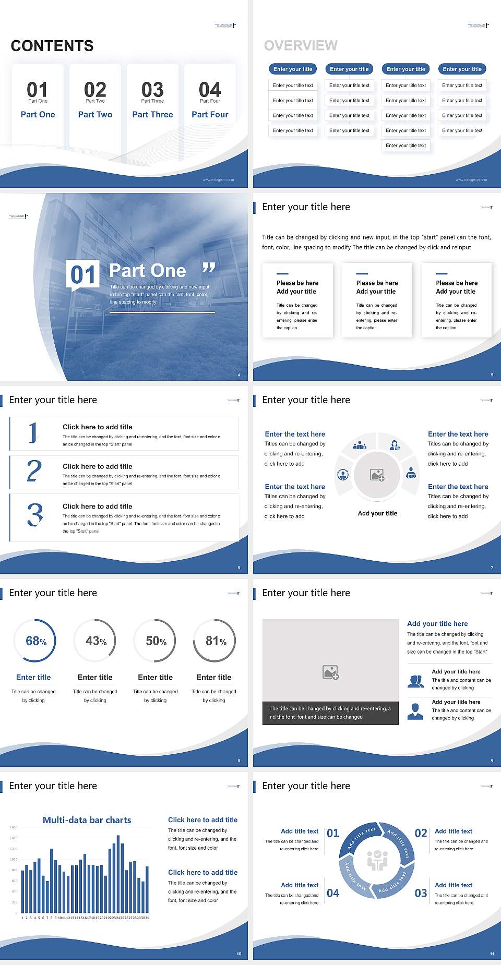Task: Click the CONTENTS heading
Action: (x=52, y=46)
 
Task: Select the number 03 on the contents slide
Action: (x=152, y=90)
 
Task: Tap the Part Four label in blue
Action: (x=210, y=115)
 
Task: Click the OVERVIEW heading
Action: (x=301, y=46)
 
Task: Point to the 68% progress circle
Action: (x=35, y=641)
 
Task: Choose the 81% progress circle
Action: (x=215, y=641)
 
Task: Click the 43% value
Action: (x=96, y=641)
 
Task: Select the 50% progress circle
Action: (x=156, y=641)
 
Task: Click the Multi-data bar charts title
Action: (x=87, y=820)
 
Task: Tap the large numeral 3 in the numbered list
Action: (x=35, y=515)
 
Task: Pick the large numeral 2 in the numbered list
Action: (x=34, y=471)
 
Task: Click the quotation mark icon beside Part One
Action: (x=209, y=269)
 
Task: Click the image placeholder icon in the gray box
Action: (x=331, y=672)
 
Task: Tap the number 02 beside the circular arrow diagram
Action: (x=421, y=833)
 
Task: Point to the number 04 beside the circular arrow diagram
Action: (x=333, y=893)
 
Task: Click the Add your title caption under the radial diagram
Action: (x=377, y=513)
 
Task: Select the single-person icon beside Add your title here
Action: (x=415, y=711)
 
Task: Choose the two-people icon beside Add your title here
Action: (x=415, y=681)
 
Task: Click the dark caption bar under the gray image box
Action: (x=330, y=713)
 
